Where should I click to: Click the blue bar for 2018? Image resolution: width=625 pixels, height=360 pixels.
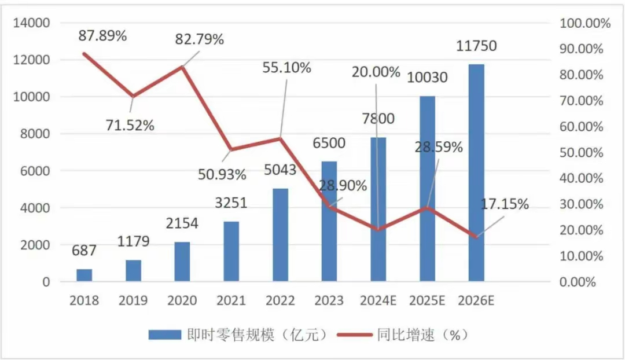click(84, 275)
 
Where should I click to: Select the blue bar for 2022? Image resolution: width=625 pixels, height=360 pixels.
click(280, 235)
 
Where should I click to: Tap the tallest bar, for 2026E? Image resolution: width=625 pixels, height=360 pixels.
click(476, 173)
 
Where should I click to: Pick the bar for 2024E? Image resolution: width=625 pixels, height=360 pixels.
click(378, 210)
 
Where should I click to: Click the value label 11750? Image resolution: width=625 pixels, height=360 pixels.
click(476, 46)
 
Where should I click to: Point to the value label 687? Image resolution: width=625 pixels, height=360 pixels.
click(84, 251)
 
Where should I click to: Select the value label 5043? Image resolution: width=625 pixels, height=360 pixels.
click(280, 170)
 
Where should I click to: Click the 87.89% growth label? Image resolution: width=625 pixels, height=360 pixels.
click(102, 36)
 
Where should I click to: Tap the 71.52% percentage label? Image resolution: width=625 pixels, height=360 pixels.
click(130, 125)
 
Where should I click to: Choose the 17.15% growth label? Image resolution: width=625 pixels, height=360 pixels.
click(505, 204)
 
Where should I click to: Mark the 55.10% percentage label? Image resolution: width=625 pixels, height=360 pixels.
click(287, 68)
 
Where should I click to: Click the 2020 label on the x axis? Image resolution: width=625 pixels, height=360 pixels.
click(182, 301)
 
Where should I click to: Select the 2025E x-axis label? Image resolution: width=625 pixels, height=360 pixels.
click(427, 301)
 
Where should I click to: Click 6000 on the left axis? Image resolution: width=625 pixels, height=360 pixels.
click(37, 171)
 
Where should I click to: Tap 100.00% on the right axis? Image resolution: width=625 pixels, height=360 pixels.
click(584, 23)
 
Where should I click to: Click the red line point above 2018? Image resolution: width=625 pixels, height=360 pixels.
click(85, 54)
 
